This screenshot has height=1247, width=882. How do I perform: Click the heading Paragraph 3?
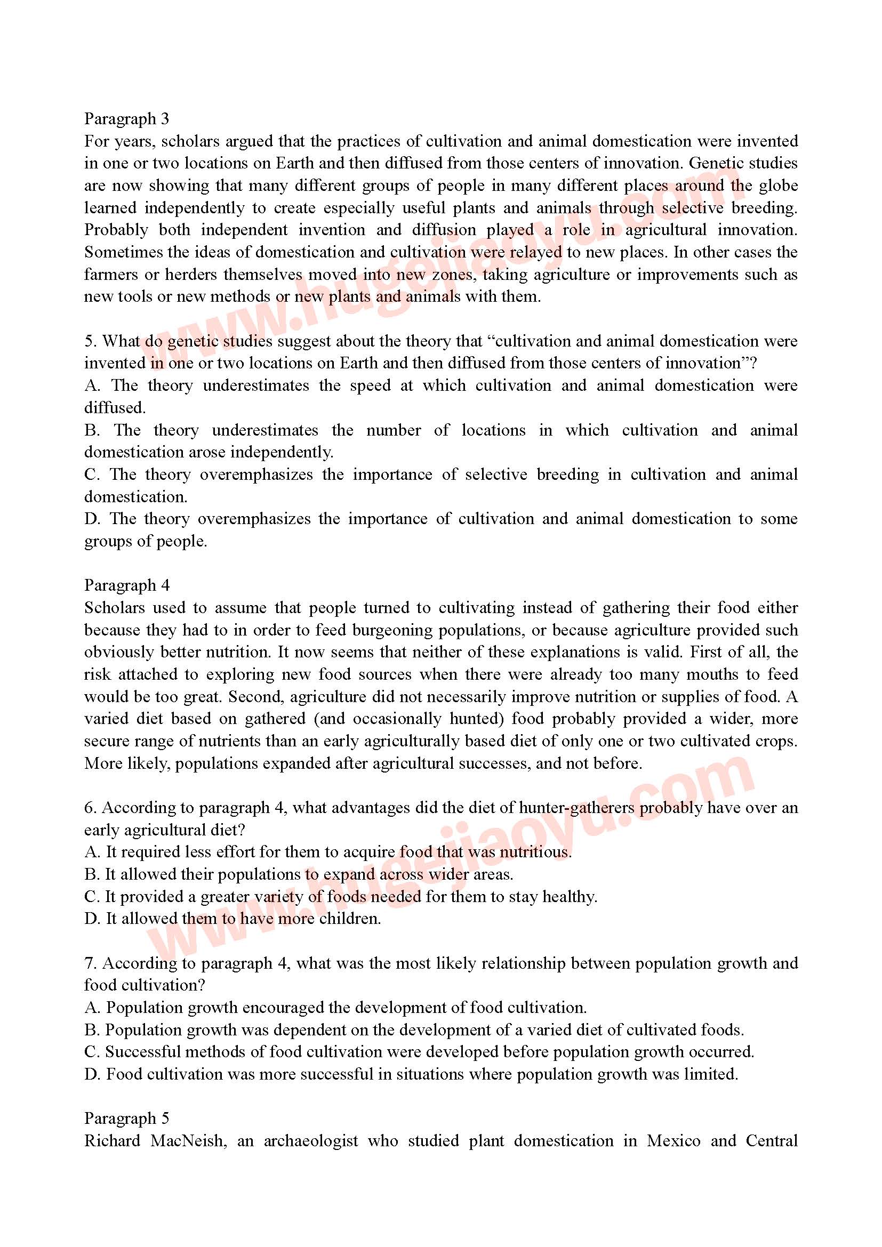126,118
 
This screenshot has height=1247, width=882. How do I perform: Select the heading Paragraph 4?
126,585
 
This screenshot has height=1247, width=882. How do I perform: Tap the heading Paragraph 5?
126,1119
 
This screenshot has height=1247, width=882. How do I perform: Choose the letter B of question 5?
92,430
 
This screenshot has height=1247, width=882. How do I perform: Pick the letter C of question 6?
92,897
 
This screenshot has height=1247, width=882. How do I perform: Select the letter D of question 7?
92,1074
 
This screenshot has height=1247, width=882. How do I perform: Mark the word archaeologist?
311,1140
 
